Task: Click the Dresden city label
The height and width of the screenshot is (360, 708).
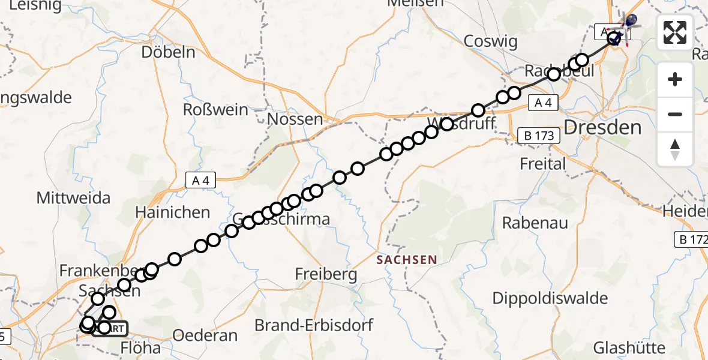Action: point(602,127)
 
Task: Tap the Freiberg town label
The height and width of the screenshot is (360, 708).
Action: point(326,275)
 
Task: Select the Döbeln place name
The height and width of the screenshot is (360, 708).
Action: point(169,52)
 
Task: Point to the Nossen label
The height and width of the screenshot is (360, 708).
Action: point(295,119)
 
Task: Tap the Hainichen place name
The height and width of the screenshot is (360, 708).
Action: point(173,212)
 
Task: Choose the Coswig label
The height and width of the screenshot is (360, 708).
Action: point(491,41)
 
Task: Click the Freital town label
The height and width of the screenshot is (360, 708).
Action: point(542,163)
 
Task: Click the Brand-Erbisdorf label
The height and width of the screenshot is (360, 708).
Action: point(314,325)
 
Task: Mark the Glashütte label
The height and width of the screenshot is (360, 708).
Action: point(629,347)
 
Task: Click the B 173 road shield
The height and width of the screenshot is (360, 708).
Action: point(539,136)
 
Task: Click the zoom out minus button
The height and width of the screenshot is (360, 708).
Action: point(675,114)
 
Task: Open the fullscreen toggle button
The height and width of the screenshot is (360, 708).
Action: point(675,32)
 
